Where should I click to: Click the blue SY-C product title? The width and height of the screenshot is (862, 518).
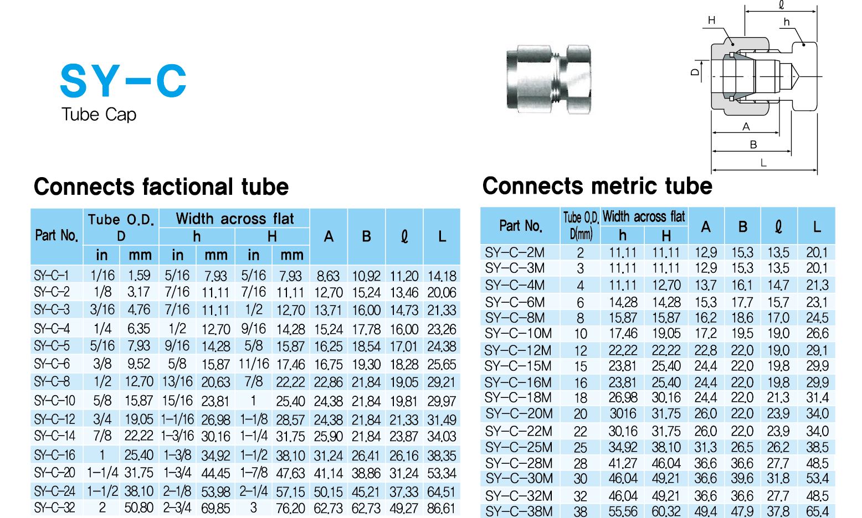[x=123, y=81]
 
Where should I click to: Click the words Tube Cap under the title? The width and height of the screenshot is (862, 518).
[x=99, y=115]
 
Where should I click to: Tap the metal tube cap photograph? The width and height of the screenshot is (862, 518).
[x=548, y=79]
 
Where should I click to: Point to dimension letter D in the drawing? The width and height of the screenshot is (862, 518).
[x=695, y=71]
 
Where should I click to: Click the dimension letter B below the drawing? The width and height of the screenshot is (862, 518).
[x=753, y=144]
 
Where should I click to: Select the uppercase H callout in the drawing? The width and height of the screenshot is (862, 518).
[x=711, y=20]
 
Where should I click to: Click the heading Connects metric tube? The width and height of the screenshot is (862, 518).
[x=597, y=186]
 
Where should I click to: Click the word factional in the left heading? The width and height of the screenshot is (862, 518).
[x=188, y=187]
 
